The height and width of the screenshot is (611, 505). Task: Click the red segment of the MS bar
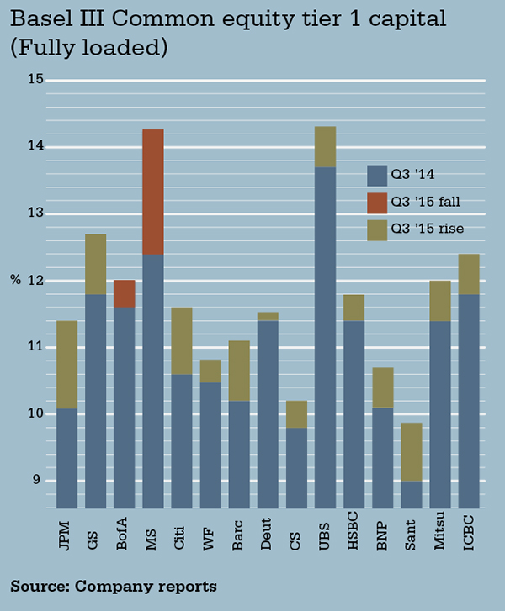coord(152,192)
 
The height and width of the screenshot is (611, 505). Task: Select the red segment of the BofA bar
coord(125,293)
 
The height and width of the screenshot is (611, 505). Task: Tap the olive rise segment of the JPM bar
coord(66,365)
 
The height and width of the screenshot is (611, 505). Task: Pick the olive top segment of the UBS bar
coord(325,146)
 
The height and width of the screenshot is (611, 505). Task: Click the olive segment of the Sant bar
coord(411,451)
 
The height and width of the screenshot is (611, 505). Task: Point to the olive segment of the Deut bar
coord(268,316)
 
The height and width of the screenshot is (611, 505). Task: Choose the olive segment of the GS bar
coord(95,264)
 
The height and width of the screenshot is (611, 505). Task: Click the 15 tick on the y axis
coord(37,79)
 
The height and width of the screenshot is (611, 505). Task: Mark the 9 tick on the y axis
coord(40,480)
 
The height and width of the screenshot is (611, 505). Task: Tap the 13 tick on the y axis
coord(37,213)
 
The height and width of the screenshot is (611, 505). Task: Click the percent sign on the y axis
coord(17,280)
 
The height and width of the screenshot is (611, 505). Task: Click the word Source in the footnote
coord(37,585)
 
